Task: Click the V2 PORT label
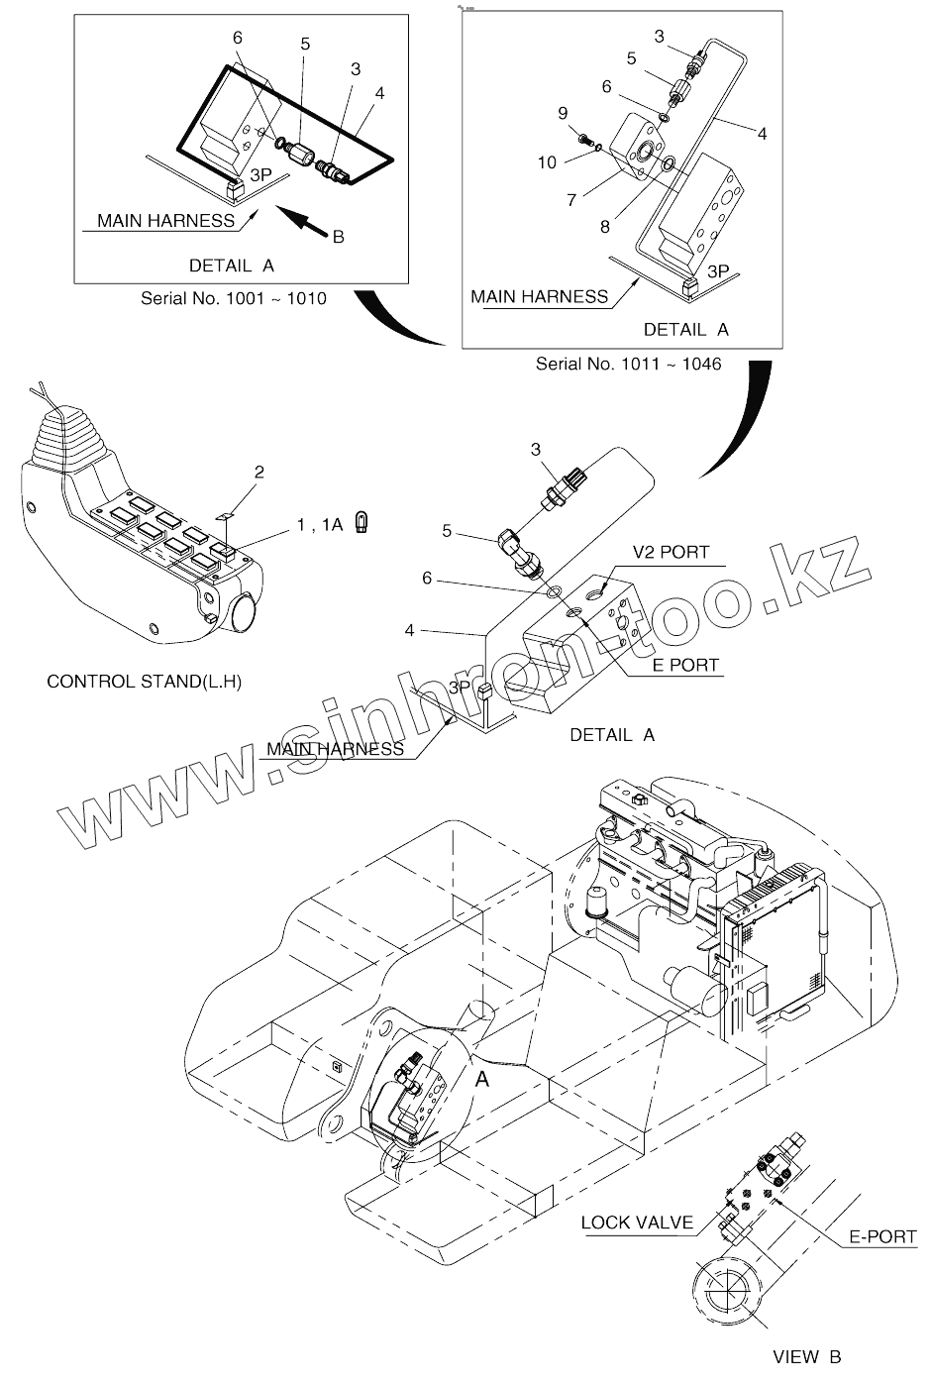[x=672, y=552]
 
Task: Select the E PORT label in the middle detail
[x=684, y=665]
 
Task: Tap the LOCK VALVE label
[x=637, y=1223]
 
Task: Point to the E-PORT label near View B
[x=883, y=1236]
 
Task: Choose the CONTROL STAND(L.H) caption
[x=145, y=682]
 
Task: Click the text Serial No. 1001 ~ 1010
[x=233, y=298]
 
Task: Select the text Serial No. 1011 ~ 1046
[x=628, y=364]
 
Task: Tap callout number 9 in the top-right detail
[x=563, y=112]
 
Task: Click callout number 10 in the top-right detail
[x=548, y=162]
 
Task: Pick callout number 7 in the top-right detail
[x=571, y=200]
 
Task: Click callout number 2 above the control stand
[x=259, y=472]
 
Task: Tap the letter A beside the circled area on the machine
[x=482, y=1079]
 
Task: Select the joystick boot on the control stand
[x=66, y=439]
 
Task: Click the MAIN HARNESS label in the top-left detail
[x=165, y=221]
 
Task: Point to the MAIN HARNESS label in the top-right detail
[x=539, y=296]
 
